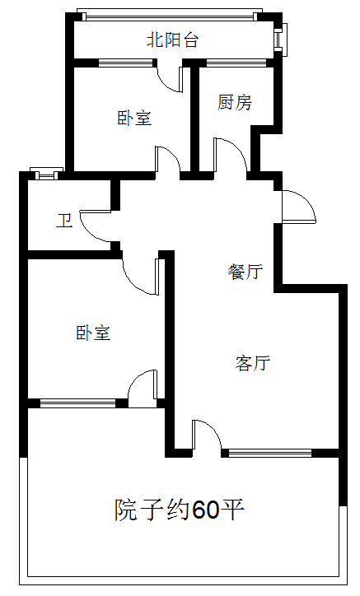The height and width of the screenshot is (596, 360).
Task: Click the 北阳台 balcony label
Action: coord(172,40)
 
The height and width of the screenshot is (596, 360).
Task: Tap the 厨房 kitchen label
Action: coord(235,102)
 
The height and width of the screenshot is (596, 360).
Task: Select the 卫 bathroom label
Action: coord(64,221)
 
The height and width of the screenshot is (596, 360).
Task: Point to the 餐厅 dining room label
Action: coord(245,272)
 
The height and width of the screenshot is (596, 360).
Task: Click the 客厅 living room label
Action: coord(253,363)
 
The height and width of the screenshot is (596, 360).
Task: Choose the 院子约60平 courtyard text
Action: coord(180,510)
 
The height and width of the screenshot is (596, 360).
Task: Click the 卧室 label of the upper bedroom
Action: coord(134,118)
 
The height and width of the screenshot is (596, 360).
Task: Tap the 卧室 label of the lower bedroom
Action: coord(93,333)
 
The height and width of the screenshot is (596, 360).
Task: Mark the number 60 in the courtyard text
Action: coord(205,510)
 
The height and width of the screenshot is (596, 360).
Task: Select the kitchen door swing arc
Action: coord(238,149)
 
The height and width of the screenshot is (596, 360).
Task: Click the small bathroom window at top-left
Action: coord(46,173)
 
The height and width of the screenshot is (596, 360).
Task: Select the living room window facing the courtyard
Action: coord(270,453)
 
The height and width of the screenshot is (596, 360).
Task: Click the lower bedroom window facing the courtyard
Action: coord(77,403)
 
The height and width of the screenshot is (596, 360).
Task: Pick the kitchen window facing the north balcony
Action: coord(236,63)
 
